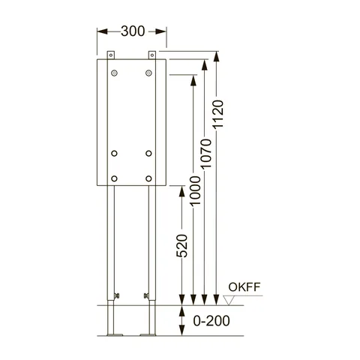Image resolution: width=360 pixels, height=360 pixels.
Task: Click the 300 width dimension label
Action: point(133,31)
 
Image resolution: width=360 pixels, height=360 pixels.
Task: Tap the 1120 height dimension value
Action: point(217,115)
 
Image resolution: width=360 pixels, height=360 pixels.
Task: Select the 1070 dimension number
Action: point(206,154)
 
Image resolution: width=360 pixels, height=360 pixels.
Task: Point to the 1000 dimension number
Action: point(195,190)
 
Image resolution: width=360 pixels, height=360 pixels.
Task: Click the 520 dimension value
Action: point(182,246)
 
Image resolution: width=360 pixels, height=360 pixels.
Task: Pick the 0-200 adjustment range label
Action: point(211,321)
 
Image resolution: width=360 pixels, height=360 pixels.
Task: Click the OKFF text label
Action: point(244,287)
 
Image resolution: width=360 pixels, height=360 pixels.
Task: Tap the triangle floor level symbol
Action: point(229,300)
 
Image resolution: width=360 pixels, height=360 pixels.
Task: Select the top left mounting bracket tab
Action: point(111,55)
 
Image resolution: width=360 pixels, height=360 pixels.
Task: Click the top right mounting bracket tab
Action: point(152,55)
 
